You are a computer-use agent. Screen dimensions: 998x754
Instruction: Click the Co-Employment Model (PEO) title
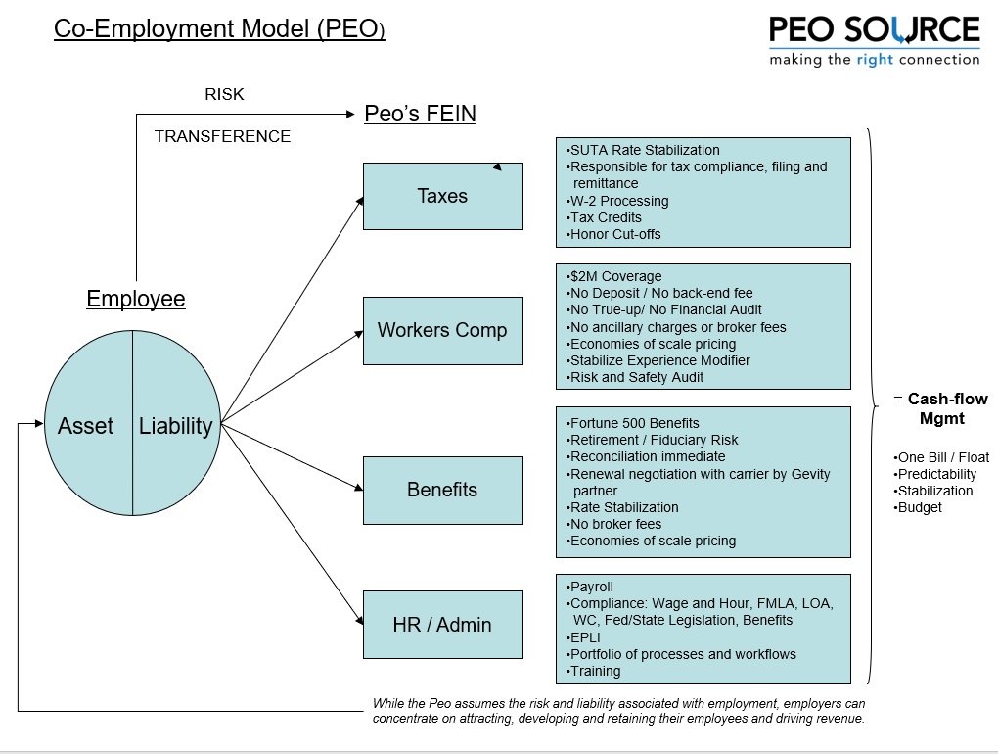click(219, 28)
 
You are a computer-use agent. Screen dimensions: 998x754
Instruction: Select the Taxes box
click(443, 196)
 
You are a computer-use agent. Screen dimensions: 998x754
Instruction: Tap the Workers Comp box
click(443, 331)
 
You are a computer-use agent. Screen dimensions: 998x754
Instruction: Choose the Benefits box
click(443, 491)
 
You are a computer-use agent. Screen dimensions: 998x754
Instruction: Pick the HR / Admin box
click(443, 625)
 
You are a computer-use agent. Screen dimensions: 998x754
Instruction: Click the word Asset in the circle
click(85, 425)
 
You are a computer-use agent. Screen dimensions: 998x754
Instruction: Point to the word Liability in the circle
click(176, 426)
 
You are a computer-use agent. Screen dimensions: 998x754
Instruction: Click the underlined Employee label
click(136, 299)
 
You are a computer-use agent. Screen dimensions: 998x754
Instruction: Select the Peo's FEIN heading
click(420, 114)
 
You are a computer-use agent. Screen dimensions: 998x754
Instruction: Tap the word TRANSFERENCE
click(222, 136)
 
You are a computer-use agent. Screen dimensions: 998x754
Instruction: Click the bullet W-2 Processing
click(617, 201)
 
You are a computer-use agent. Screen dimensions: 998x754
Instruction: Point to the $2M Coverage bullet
click(613, 276)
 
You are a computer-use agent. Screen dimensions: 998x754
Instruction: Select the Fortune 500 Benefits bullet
click(632, 423)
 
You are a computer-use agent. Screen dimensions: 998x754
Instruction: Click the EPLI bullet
click(583, 637)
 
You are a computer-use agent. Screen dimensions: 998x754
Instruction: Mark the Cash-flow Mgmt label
click(941, 409)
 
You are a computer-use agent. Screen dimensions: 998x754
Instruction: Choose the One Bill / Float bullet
click(941, 457)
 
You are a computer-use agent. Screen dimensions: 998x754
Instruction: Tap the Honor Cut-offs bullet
click(612, 234)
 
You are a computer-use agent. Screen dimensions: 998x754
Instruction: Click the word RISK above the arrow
click(224, 94)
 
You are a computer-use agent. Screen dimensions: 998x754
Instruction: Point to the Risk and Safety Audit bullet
click(635, 377)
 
